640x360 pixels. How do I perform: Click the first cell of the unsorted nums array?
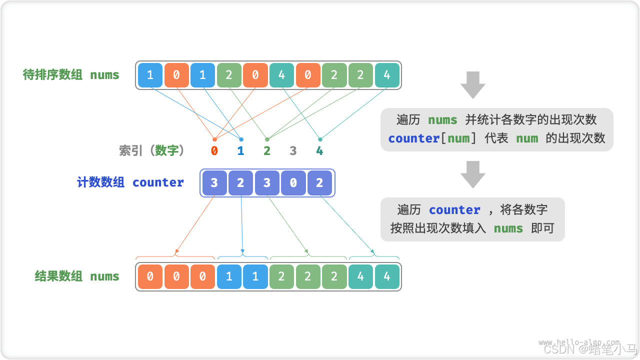click(150, 75)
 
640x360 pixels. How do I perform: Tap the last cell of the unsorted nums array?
click(387, 75)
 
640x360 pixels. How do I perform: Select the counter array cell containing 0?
click(293, 183)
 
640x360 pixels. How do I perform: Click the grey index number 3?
click(293, 150)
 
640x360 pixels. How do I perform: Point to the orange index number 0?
click(214, 150)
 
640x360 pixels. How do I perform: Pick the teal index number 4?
click(319, 150)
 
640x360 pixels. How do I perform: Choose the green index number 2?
click(267, 150)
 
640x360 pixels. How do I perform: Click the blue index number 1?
click(240, 150)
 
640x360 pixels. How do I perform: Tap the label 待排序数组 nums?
click(71, 75)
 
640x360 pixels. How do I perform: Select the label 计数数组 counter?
click(130, 182)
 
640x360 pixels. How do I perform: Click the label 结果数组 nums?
click(77, 276)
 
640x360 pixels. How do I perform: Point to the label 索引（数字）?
click(151, 150)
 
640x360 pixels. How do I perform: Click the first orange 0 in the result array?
click(150, 276)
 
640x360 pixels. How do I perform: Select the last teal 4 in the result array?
click(387, 276)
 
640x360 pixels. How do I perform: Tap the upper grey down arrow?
click(472, 84)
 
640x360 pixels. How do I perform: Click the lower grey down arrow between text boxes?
click(472, 174)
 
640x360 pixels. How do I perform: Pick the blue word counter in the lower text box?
click(454, 210)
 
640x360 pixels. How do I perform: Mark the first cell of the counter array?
click(214, 183)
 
